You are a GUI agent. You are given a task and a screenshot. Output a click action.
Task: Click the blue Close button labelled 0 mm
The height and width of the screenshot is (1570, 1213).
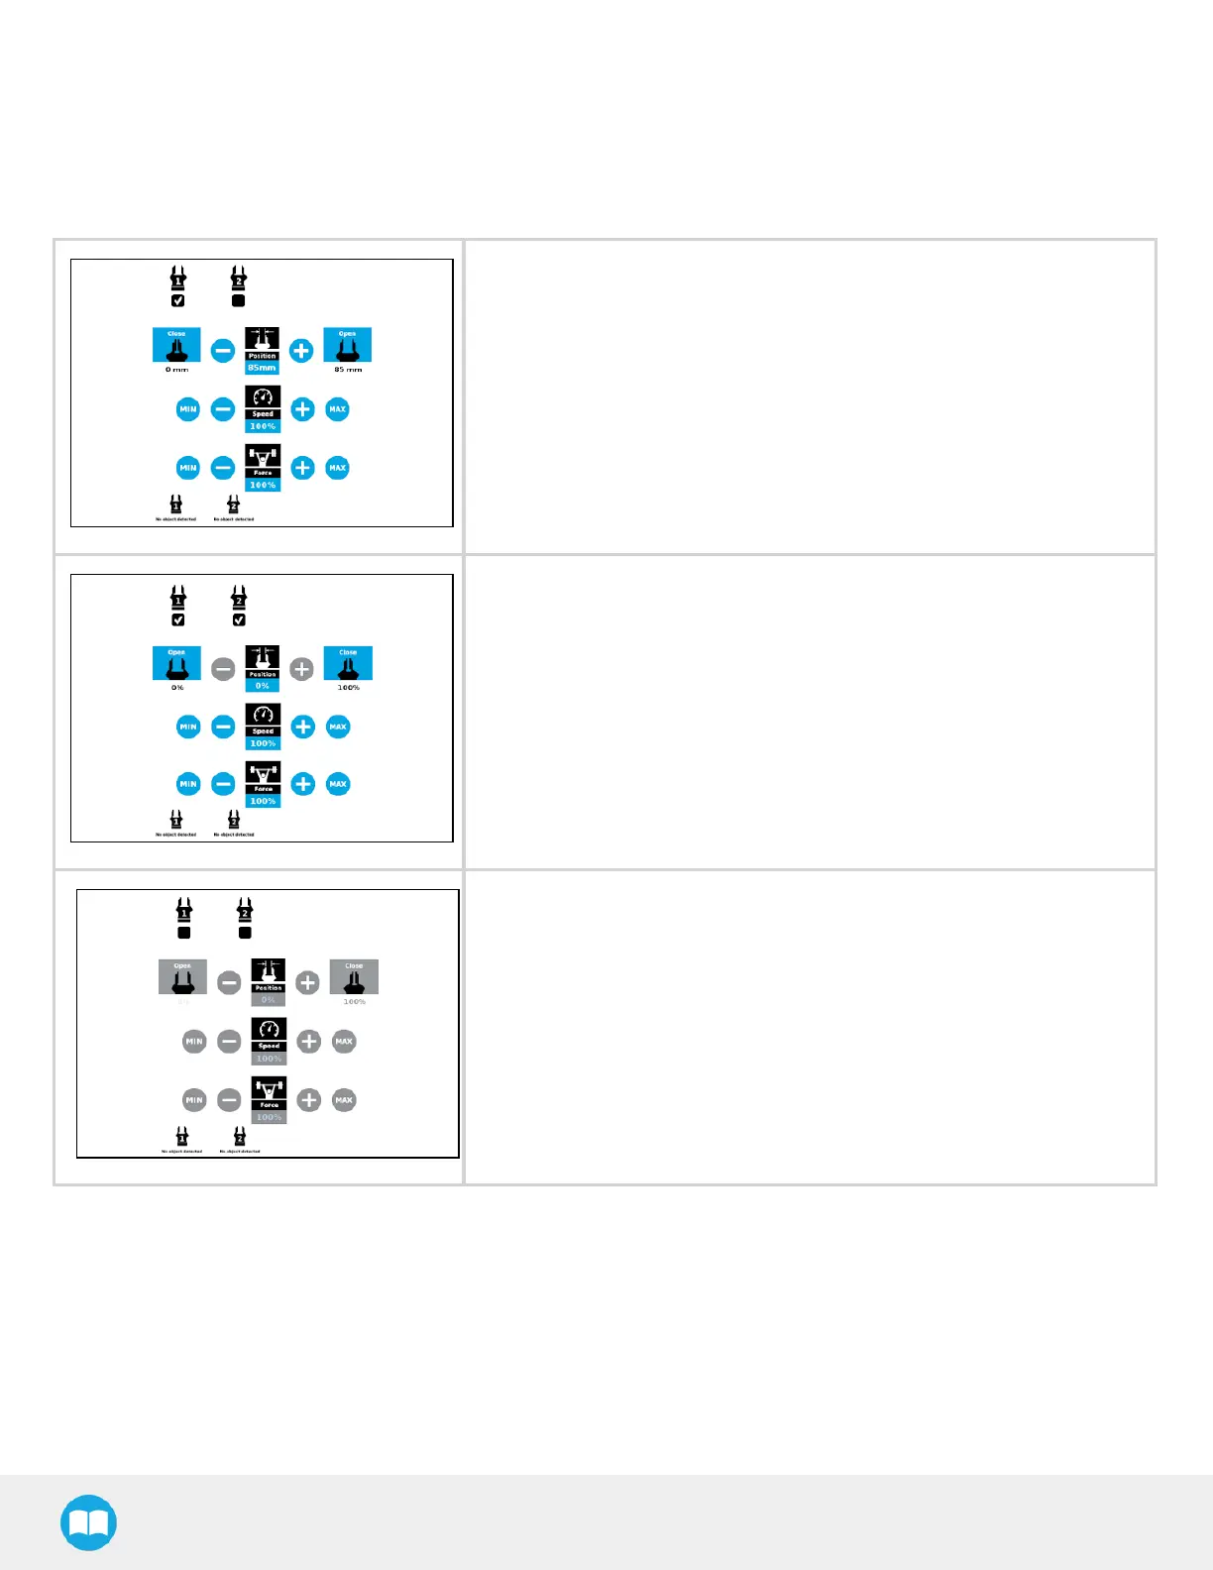(x=176, y=345)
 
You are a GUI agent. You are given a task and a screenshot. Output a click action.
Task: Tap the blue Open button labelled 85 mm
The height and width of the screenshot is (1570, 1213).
(x=347, y=345)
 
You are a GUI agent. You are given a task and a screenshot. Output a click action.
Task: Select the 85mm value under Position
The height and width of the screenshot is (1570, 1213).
(x=263, y=368)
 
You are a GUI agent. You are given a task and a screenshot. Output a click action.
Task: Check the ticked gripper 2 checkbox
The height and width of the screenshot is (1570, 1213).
(x=239, y=620)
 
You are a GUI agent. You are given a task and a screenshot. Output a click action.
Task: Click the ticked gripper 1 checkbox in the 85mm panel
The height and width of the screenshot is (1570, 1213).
(x=178, y=301)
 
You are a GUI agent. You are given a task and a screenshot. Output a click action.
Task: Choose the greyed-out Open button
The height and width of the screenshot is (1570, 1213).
(x=182, y=977)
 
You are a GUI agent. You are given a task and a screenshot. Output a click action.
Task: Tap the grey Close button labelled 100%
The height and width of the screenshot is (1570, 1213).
(x=354, y=977)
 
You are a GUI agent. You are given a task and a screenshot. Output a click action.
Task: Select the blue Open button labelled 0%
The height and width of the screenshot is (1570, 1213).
(x=176, y=663)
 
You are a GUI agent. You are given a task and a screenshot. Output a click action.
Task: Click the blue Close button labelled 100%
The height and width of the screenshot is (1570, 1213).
(x=348, y=663)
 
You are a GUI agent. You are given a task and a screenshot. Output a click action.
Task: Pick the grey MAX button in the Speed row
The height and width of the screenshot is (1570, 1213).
(x=344, y=1042)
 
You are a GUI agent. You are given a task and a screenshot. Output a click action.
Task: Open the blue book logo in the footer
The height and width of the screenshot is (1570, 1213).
(x=88, y=1522)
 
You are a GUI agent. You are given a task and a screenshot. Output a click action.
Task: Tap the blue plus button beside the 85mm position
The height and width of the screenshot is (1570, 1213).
(x=302, y=350)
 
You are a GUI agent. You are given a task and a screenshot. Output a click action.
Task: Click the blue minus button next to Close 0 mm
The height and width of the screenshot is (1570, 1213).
(x=224, y=350)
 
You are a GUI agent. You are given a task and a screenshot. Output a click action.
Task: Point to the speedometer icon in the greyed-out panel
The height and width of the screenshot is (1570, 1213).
(x=269, y=1029)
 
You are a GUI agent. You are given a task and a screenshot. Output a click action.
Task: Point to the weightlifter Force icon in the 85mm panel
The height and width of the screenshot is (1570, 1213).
(x=263, y=457)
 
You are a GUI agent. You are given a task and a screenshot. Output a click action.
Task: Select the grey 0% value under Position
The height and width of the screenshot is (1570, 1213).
(x=269, y=1000)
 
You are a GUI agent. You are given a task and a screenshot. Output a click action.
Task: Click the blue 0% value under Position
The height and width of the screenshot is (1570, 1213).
(x=263, y=686)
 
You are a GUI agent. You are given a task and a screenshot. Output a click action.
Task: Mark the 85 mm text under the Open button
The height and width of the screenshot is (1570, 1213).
(x=348, y=370)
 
